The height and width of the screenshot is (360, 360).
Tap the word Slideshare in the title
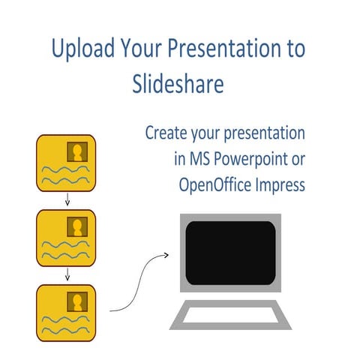(x=177, y=84)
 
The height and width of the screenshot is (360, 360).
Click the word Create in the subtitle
(x=164, y=135)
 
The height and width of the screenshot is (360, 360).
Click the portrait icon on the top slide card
(x=76, y=153)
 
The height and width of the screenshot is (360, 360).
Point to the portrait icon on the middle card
(x=76, y=227)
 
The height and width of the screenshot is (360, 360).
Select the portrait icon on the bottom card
(x=76, y=301)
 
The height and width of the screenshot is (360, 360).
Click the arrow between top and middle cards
(x=67, y=199)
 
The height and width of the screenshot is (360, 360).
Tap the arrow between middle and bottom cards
(x=67, y=274)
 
